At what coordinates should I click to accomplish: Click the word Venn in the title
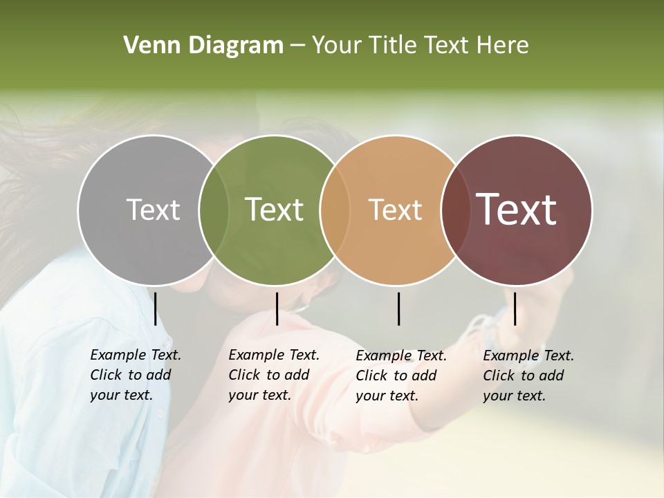(x=144, y=46)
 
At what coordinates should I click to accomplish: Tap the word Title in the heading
(x=391, y=46)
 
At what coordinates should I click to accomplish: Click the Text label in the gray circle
(x=153, y=210)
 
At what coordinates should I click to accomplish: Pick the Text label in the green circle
(x=274, y=210)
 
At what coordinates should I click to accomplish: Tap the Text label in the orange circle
(x=395, y=210)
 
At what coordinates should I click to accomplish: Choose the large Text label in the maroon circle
(x=517, y=210)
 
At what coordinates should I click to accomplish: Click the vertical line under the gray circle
(x=156, y=308)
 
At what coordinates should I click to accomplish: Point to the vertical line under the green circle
(x=277, y=308)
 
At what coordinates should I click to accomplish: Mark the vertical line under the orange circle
(x=398, y=308)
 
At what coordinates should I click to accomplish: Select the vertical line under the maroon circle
(x=515, y=308)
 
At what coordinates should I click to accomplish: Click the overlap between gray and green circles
(x=214, y=210)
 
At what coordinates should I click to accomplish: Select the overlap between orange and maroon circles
(x=453, y=210)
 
